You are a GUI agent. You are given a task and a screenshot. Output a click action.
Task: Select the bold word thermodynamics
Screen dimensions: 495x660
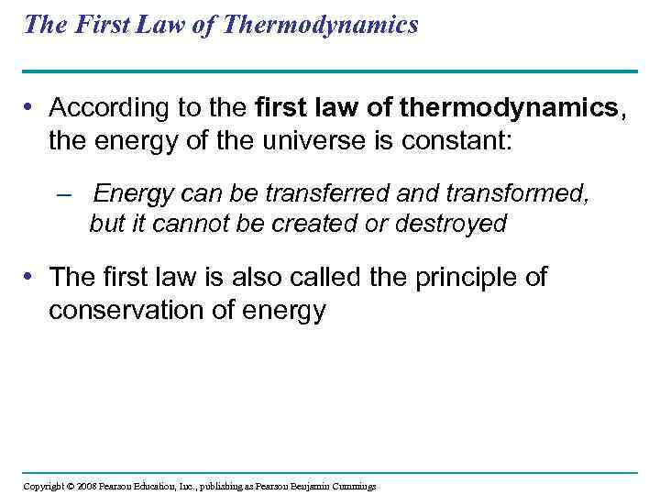coord(534,108)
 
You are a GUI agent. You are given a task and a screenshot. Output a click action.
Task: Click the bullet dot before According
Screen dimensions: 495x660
coord(31,108)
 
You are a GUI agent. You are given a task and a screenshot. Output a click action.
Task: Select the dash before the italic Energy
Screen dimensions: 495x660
coord(63,195)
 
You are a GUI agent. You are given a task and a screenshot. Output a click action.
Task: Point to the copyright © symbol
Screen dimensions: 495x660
coord(70,486)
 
